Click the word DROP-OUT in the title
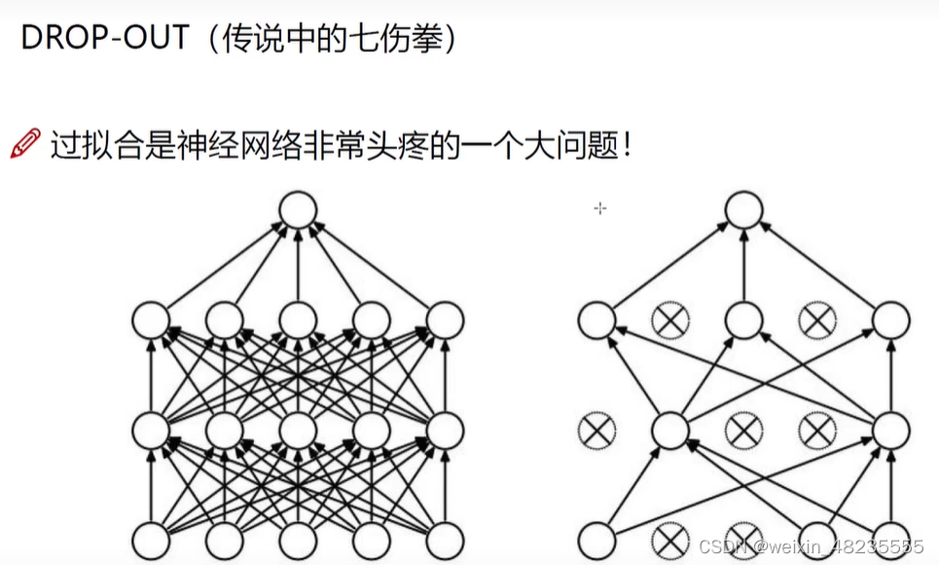pyautogui.click(x=103, y=39)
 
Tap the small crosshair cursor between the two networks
pyautogui.click(x=600, y=207)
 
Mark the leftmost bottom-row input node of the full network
pyautogui.click(x=151, y=540)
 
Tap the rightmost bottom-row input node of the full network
pyautogui.click(x=445, y=540)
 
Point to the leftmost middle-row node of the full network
pyautogui.click(x=151, y=429)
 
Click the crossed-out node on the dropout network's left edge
pyautogui.click(x=596, y=429)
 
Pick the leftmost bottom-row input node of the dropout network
pyautogui.click(x=596, y=540)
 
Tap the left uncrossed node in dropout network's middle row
pyautogui.click(x=669, y=429)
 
